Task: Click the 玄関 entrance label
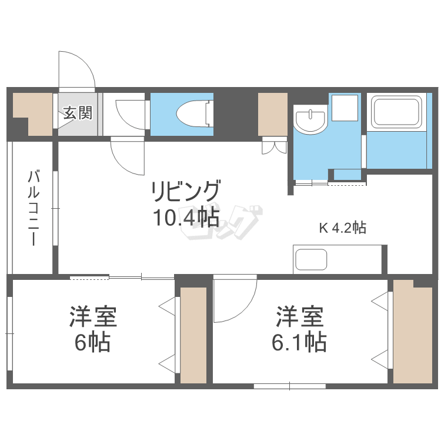pyautogui.click(x=78, y=112)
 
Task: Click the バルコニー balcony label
pyautogui.click(x=34, y=208)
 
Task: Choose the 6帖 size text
pyautogui.click(x=92, y=342)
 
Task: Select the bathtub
pyautogui.click(x=398, y=112)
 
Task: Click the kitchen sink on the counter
pyautogui.click(x=312, y=260)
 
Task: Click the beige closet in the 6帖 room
pyautogui.click(x=193, y=335)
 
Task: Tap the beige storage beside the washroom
pyautogui.click(x=272, y=113)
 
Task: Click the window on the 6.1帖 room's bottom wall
pyautogui.click(x=290, y=386)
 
